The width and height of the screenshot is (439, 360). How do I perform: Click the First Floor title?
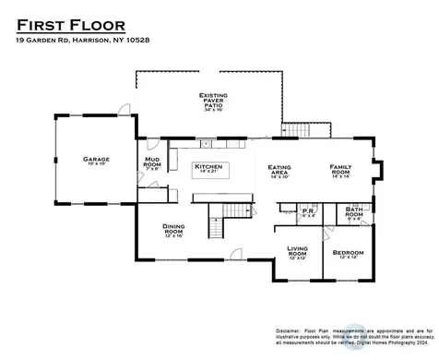click(x=69, y=24)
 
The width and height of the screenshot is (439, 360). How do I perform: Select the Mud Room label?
click(x=153, y=164)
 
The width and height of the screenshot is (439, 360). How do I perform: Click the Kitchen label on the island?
click(x=208, y=167)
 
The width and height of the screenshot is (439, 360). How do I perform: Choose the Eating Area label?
click(x=279, y=170)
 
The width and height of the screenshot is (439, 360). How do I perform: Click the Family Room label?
click(x=342, y=170)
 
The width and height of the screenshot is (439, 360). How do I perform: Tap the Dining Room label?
click(x=173, y=229)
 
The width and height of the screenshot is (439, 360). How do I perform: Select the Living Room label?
click(x=297, y=250)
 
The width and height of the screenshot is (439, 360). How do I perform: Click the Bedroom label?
click(x=348, y=253)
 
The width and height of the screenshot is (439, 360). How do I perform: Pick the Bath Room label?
click(x=353, y=212)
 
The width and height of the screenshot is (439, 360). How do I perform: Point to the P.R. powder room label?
click(x=309, y=211)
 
